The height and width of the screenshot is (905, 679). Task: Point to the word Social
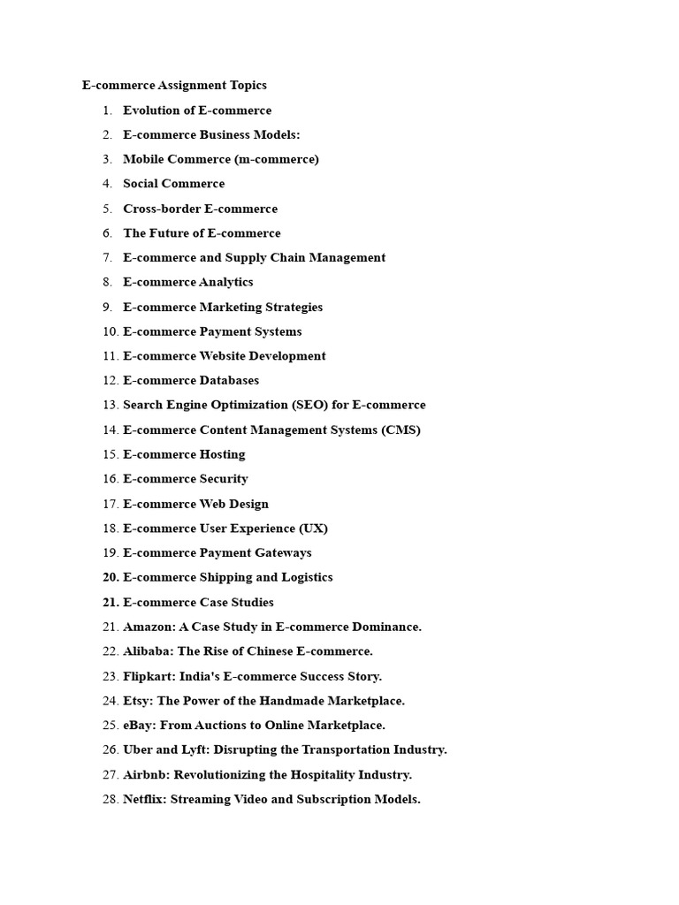(x=142, y=184)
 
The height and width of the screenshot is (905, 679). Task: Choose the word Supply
(x=245, y=258)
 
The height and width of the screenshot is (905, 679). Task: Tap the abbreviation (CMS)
(x=401, y=430)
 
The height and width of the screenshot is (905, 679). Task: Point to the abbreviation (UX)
(x=313, y=529)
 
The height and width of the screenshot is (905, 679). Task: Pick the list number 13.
(x=110, y=405)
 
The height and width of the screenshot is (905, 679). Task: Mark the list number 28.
(x=110, y=800)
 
